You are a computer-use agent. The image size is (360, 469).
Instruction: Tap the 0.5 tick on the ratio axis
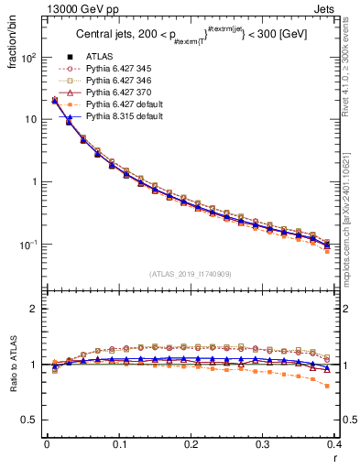pyautogui.click(x=34, y=420)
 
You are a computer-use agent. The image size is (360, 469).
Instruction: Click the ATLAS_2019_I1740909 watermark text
pyautogui.click(x=191, y=274)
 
